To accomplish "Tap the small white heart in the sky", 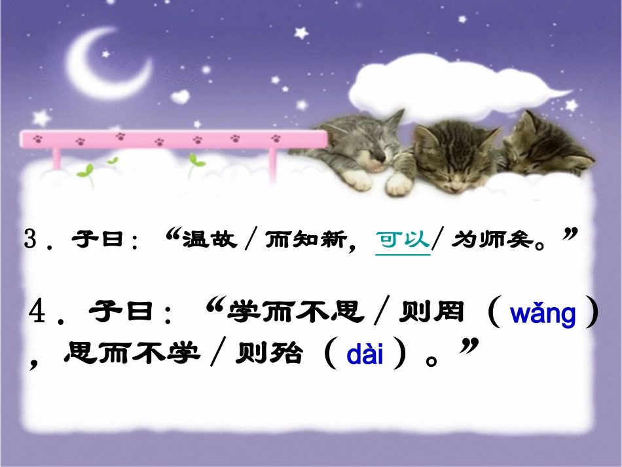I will pos(179,96).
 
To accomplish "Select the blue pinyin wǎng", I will pos(543,314).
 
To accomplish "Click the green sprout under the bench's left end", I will pos(84,171).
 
